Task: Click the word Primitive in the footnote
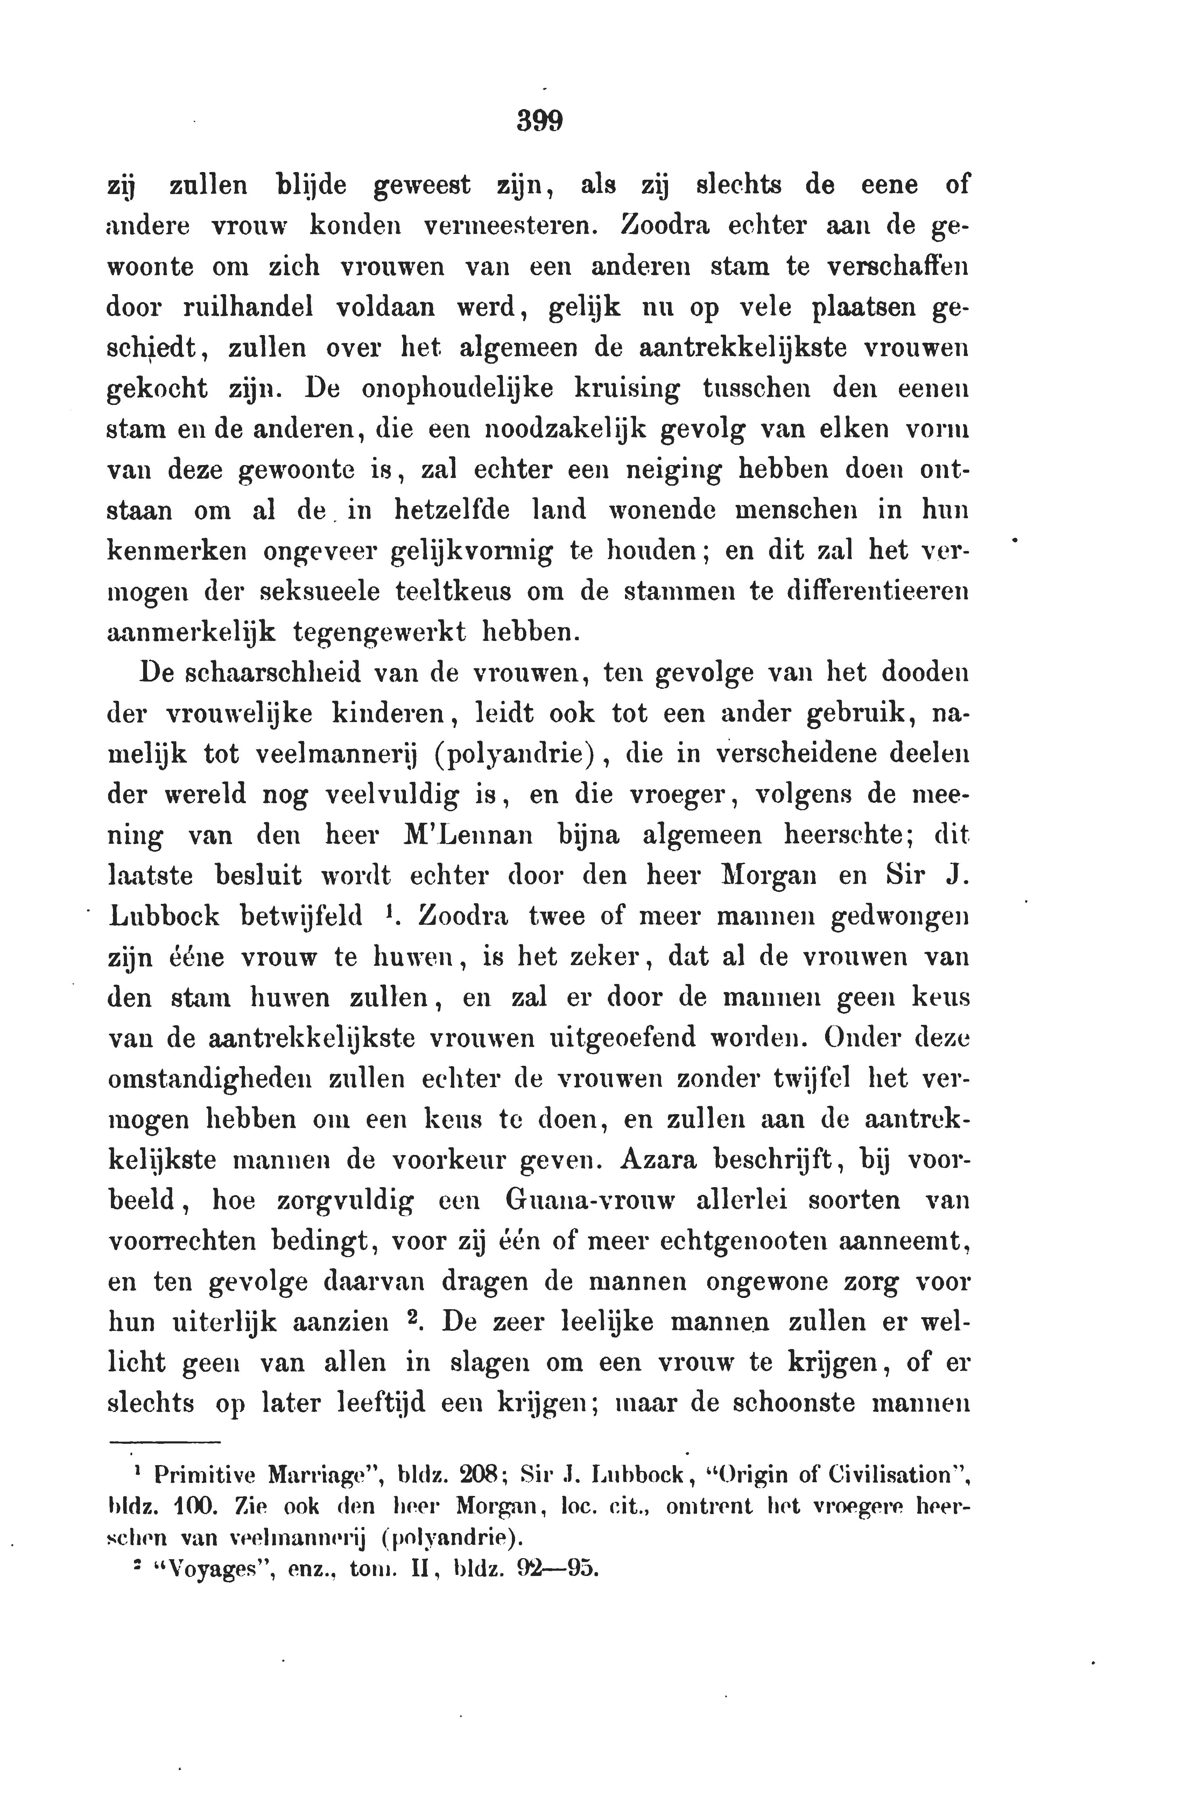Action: (205, 1475)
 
